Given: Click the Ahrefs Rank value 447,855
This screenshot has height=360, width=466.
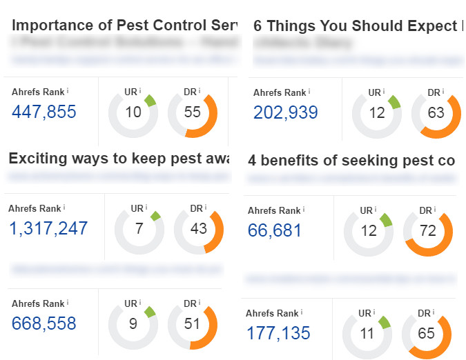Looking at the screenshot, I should click(x=43, y=112).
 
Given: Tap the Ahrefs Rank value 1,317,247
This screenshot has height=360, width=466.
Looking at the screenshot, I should click(x=48, y=228).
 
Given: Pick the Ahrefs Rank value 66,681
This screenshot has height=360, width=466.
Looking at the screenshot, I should click(x=275, y=230).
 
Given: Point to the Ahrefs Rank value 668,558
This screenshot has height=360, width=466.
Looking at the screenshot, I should click(x=43, y=323).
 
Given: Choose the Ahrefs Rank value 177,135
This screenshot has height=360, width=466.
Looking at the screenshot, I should click(x=278, y=334).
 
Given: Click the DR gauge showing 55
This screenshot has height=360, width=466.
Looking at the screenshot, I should click(x=193, y=112).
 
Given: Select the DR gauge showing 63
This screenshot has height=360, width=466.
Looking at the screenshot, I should click(x=436, y=112).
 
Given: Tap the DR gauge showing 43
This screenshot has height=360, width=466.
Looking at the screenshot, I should click(x=199, y=228).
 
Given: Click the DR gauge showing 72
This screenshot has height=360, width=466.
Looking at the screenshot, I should click(x=428, y=230).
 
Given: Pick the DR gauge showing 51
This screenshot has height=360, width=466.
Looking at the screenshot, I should click(x=192, y=323).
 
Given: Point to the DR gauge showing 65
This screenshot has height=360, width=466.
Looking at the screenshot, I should click(x=427, y=334).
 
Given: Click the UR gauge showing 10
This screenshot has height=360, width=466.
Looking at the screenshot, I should click(x=133, y=112).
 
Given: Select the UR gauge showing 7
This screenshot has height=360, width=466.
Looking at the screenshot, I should click(x=139, y=228).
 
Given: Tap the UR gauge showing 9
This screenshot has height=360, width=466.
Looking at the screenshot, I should click(x=133, y=323).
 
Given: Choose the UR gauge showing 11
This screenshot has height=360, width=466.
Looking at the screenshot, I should click(x=367, y=334).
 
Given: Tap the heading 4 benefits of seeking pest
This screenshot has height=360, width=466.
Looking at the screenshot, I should click(x=351, y=161).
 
